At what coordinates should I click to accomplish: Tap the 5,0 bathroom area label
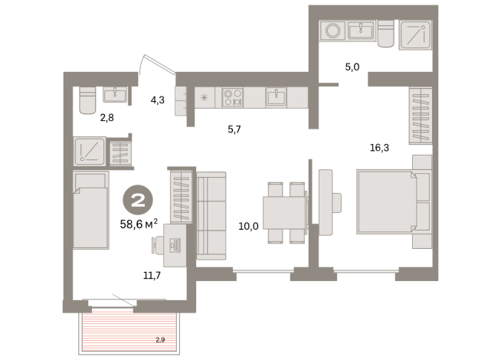click(352, 67)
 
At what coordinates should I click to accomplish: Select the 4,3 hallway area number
click(157, 99)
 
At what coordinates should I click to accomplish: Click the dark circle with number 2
click(139, 201)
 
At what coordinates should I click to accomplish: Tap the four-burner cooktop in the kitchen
click(232, 97)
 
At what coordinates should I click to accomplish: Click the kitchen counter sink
click(277, 97)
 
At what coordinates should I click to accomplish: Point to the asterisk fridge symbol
click(205, 97)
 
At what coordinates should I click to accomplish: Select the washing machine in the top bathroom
click(333, 32)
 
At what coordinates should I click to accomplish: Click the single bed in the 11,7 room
click(91, 211)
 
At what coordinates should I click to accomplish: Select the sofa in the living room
click(211, 215)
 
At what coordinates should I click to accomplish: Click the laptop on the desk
click(172, 245)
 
